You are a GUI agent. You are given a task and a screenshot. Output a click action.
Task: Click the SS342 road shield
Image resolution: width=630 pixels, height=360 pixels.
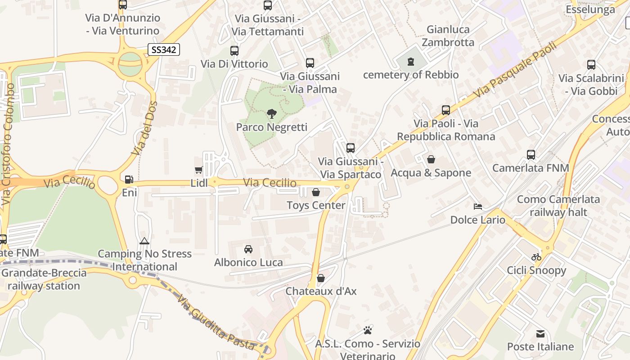pos(164,49)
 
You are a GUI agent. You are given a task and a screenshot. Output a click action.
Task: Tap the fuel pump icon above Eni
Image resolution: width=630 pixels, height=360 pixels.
pos(129,180)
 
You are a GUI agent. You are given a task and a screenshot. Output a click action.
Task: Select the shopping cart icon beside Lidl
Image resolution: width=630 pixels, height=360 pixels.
pos(198,170)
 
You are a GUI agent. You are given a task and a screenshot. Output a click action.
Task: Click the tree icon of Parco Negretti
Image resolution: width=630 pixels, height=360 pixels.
pos(271,114)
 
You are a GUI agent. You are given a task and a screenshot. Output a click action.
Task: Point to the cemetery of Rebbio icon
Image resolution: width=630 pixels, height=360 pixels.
pos(410,62)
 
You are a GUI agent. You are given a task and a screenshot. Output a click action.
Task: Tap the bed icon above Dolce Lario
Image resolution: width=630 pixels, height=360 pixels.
pos(478,207)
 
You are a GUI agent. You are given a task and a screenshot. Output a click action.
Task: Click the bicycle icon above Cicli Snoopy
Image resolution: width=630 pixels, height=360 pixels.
pos(536,257)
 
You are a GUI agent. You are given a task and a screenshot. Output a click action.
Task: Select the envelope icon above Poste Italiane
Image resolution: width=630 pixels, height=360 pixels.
pos(540,333)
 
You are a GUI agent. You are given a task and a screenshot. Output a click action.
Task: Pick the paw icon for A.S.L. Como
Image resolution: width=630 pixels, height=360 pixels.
pos(368,330)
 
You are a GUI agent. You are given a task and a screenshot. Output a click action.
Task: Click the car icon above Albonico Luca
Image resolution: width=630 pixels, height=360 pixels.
pos(248,249)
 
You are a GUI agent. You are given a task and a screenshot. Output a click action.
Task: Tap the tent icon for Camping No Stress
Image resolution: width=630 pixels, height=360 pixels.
pos(144,241)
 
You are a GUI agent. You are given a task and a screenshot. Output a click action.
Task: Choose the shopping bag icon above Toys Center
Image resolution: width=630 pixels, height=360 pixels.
pos(316,192)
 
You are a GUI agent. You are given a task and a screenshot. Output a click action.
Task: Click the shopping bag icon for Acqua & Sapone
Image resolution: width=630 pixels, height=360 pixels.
pos(431,159)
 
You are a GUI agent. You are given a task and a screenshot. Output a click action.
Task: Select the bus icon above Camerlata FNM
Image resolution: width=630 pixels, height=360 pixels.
pos(531,155)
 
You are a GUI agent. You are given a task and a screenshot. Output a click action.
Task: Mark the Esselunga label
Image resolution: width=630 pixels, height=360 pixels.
pos(590,9)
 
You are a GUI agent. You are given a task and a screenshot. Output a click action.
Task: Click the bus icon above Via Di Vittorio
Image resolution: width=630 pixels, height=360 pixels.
pos(234,50)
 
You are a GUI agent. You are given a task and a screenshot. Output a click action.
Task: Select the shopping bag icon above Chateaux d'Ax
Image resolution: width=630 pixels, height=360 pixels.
pos(321,278)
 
